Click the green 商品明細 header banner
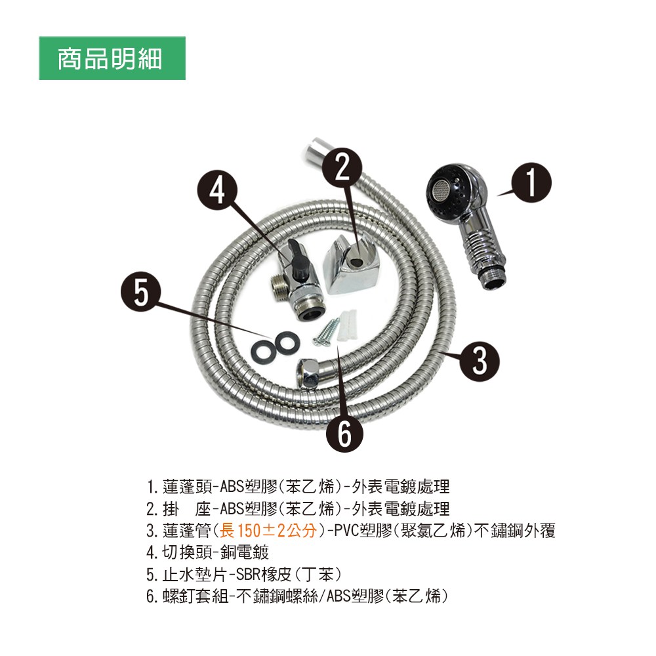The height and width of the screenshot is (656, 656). coord(112,58)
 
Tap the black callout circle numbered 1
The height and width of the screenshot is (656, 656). coord(531,182)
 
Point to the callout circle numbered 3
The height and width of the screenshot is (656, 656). coord(480,361)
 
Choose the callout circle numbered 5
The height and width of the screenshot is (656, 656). coord(141,293)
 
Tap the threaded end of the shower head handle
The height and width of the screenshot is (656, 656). coord(495,280)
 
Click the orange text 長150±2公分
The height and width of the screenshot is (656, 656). coord(268,531)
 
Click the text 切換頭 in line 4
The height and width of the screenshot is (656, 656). coord(188,552)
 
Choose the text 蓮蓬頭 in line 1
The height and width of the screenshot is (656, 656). coord(188,487)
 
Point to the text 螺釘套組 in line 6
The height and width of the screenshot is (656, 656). coord(195,596)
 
